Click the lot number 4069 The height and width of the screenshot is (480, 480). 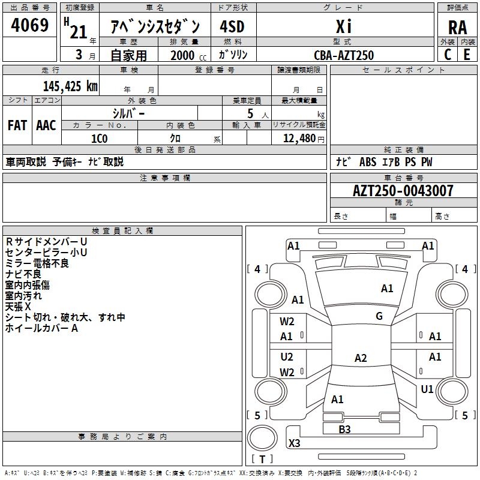(x=29, y=25)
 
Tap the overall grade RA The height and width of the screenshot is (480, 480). (x=457, y=28)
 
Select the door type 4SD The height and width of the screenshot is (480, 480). (x=232, y=26)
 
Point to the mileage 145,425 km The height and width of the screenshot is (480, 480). (x=70, y=86)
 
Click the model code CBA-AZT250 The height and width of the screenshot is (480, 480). (x=344, y=55)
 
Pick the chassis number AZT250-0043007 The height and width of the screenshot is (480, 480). (x=403, y=191)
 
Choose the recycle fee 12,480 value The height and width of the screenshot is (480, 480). (x=299, y=139)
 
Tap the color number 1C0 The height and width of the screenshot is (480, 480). (x=100, y=139)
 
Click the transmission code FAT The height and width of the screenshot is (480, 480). (x=17, y=125)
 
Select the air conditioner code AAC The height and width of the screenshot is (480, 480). (x=46, y=125)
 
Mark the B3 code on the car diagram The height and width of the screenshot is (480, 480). (x=344, y=430)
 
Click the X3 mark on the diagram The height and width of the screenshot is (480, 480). (x=294, y=443)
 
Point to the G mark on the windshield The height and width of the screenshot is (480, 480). (x=379, y=316)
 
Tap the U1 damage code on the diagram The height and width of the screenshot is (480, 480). (x=427, y=389)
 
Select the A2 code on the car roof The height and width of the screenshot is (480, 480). (x=361, y=358)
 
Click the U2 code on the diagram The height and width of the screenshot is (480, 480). (x=287, y=356)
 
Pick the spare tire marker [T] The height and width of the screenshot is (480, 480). (x=262, y=459)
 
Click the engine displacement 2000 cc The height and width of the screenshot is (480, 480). (x=188, y=55)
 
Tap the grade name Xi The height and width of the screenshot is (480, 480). (x=344, y=26)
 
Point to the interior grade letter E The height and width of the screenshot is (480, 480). (x=467, y=55)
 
